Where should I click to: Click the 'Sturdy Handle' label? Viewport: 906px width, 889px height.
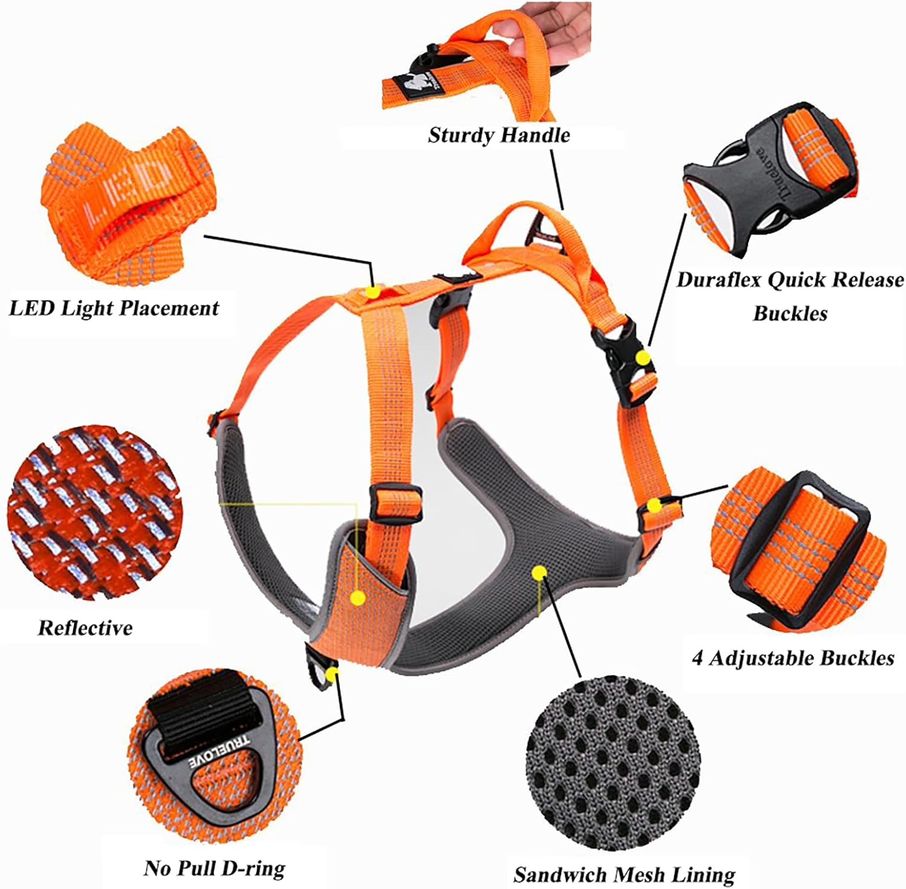click(498, 135)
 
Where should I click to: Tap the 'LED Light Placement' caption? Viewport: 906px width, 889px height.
click(114, 308)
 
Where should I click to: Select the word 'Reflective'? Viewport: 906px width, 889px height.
click(85, 627)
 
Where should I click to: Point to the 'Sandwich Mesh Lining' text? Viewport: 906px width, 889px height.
click(625, 874)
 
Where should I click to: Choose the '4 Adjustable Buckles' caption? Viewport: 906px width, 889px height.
click(792, 658)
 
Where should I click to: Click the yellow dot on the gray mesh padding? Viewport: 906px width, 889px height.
click(538, 572)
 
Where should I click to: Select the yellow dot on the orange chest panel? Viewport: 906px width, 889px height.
click(358, 598)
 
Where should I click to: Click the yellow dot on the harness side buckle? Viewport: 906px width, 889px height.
click(644, 358)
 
